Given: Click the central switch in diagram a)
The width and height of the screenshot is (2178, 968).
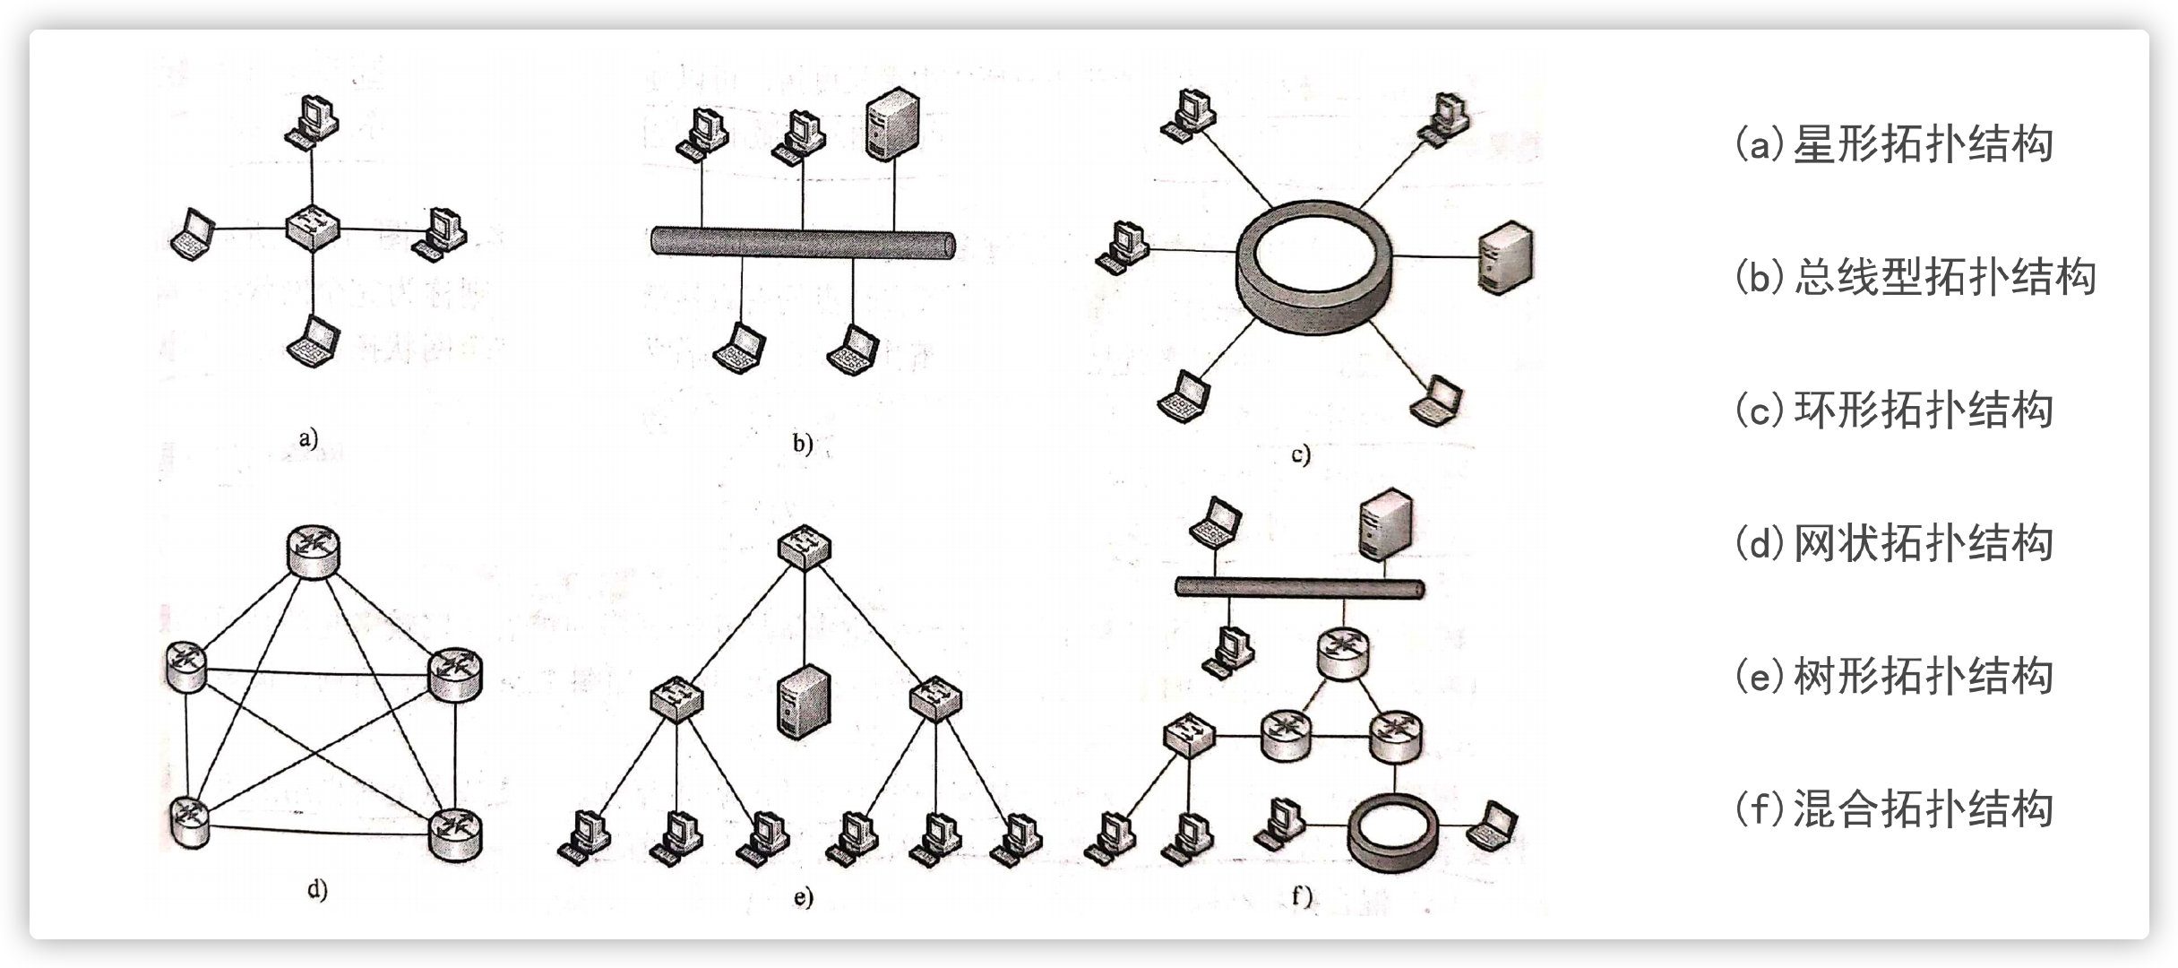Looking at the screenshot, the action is tap(313, 228).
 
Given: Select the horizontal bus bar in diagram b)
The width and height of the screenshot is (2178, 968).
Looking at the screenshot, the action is tap(802, 243).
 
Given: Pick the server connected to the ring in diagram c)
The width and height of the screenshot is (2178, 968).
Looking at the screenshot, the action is tap(1504, 258).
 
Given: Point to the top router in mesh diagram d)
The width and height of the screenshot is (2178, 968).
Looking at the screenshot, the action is tap(314, 549).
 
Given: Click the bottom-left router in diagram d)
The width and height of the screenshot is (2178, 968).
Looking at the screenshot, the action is tap(188, 821).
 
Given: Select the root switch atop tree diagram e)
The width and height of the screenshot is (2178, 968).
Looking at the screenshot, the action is tap(804, 546).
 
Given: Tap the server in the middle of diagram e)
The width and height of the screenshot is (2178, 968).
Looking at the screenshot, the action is tap(804, 701).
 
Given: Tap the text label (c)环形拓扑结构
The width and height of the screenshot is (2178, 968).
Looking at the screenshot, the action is tap(1893, 411).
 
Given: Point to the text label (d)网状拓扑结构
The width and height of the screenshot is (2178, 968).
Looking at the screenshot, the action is tap(1893, 543).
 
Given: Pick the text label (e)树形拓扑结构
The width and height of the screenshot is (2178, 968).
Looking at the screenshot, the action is tap(1893, 676).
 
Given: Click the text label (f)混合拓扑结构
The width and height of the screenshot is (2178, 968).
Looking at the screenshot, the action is tap(1893, 808).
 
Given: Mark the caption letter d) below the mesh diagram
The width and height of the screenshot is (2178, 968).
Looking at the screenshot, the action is tap(317, 890).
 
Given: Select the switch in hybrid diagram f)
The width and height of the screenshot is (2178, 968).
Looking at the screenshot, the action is tap(1189, 736).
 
